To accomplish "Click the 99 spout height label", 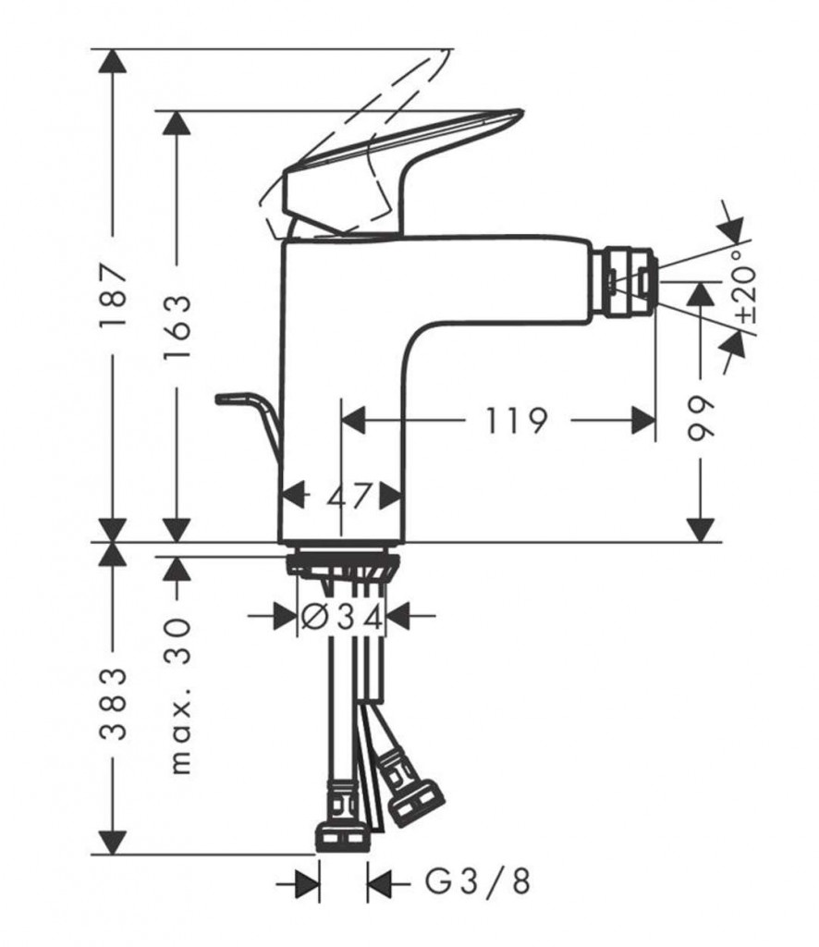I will pyautogui.click(x=703, y=422).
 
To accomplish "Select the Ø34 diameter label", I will pyautogui.click(x=343, y=615).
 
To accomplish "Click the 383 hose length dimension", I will pyautogui.click(x=112, y=705).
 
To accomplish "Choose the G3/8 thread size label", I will pyautogui.click(x=478, y=882).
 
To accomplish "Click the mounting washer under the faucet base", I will pyautogui.click(x=342, y=563).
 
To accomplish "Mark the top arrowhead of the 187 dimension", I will pyautogui.click(x=112, y=60).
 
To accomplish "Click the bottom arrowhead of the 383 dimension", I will pyautogui.click(x=112, y=842).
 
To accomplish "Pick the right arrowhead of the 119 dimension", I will pyautogui.click(x=643, y=421).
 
